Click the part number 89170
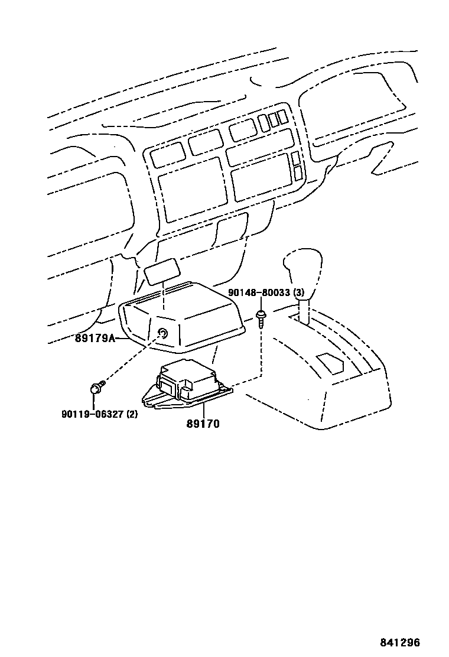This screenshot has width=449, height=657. coord(202,423)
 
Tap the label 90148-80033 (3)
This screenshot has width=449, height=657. coord(266,292)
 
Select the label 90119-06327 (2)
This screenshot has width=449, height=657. coord(99,414)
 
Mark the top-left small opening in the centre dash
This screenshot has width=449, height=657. coord(168,155)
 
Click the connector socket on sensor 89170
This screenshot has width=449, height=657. coord(168,387)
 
